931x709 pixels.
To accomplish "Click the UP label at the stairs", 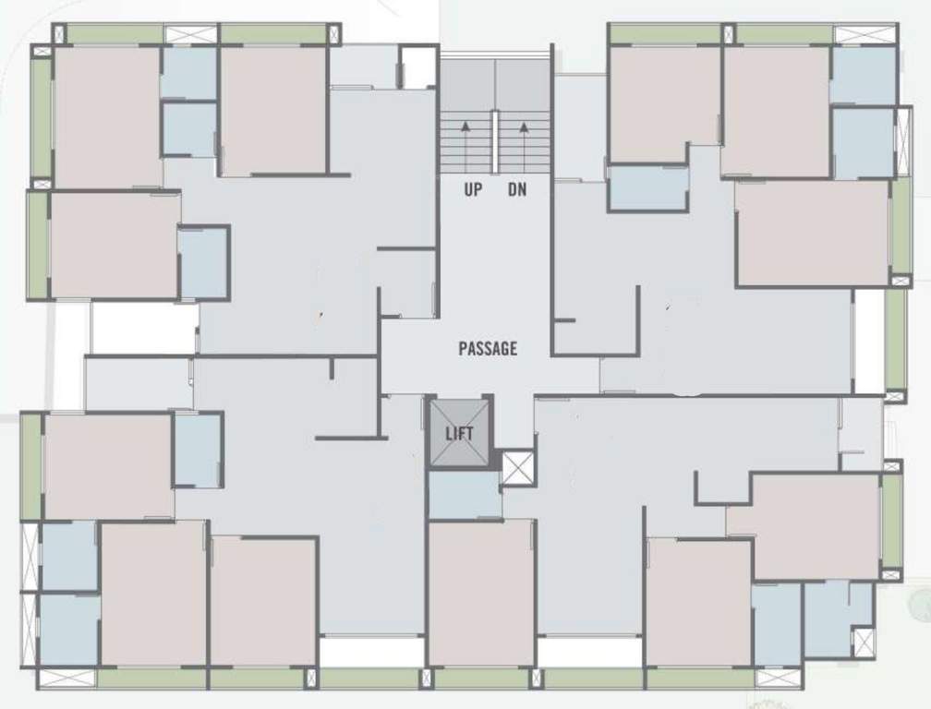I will pos(473,190).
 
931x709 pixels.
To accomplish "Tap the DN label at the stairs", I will pos(517,190).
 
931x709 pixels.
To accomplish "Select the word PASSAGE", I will pos(488,348).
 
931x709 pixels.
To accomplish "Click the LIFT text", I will pos(459,433).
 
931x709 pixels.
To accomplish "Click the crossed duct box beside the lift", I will pos(517,468).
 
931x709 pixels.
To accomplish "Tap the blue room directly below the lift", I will pos(464,495).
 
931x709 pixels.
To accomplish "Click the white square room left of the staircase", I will pos(418,67).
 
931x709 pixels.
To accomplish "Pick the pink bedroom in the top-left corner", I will pos(106,115).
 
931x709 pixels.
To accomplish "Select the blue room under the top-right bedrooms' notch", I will pos(648,187).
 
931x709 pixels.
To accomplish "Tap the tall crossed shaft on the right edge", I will pos(903,141).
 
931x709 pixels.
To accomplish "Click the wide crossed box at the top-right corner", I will pos(864,34).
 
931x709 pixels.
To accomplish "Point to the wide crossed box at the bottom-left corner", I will pos(66,679).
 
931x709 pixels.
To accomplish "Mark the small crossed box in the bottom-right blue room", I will pos(863,642).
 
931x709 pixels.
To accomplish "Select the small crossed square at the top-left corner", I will pos(60,34).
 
